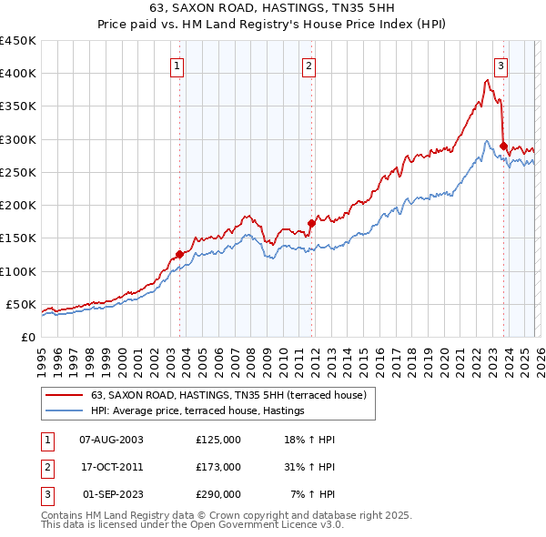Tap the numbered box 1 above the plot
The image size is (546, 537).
coord(177,66)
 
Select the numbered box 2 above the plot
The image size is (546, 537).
coord(309,66)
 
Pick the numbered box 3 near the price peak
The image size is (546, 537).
coord(500,66)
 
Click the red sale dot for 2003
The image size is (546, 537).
coord(179,254)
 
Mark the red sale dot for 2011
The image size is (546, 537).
coord(311,222)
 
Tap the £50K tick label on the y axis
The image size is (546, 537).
coord(21,304)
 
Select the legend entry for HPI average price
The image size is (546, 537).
coord(197,411)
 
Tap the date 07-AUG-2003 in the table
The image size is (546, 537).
coord(111,440)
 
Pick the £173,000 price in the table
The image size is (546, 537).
coord(217,467)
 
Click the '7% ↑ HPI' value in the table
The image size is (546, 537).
coord(312,494)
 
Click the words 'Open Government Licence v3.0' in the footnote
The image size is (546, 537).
coord(263,525)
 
